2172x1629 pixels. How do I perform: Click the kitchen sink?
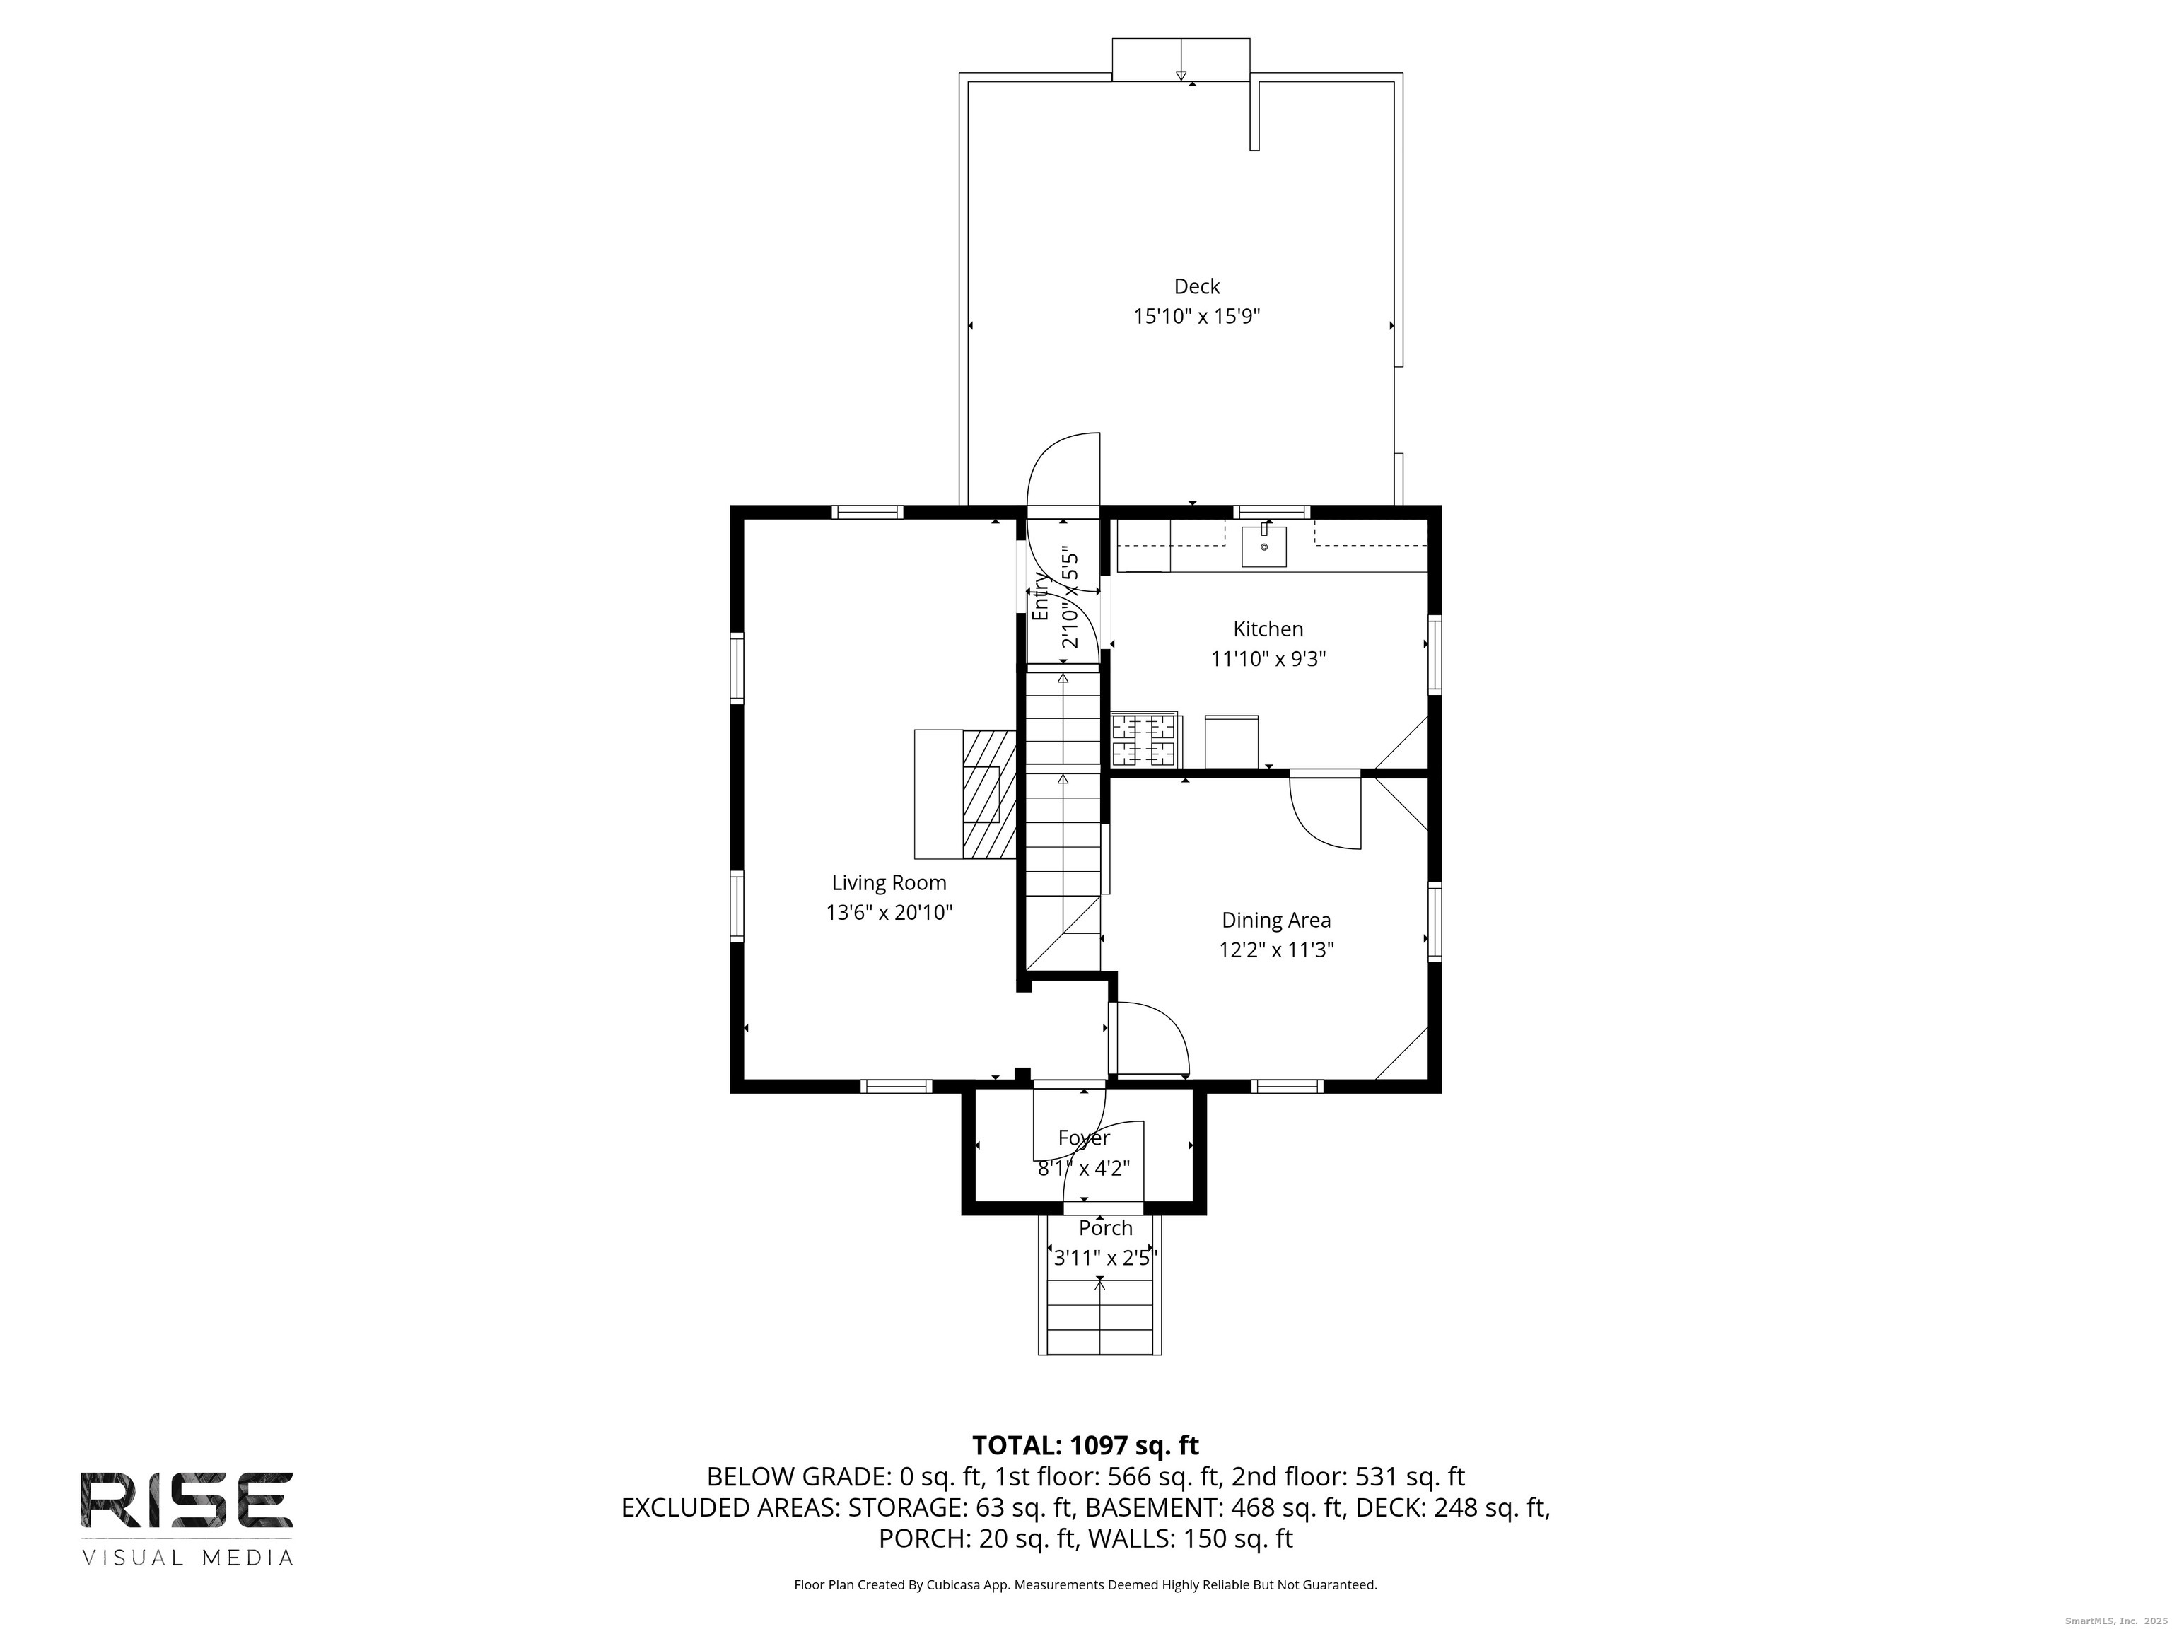click(1265, 546)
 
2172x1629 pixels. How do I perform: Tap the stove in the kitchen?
click(1145, 740)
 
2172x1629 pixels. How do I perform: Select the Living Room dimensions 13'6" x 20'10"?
click(889, 912)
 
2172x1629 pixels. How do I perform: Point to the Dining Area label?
click(1276, 920)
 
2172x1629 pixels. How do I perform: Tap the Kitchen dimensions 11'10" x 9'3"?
click(1268, 659)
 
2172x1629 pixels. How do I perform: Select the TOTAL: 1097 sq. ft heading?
click(1086, 1445)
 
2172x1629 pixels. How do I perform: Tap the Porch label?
click(1106, 1228)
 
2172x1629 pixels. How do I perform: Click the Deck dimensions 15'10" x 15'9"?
click(1197, 316)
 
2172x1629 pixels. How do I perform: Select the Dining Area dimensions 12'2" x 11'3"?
click(1276, 950)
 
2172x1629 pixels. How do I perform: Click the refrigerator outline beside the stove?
click(1232, 742)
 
